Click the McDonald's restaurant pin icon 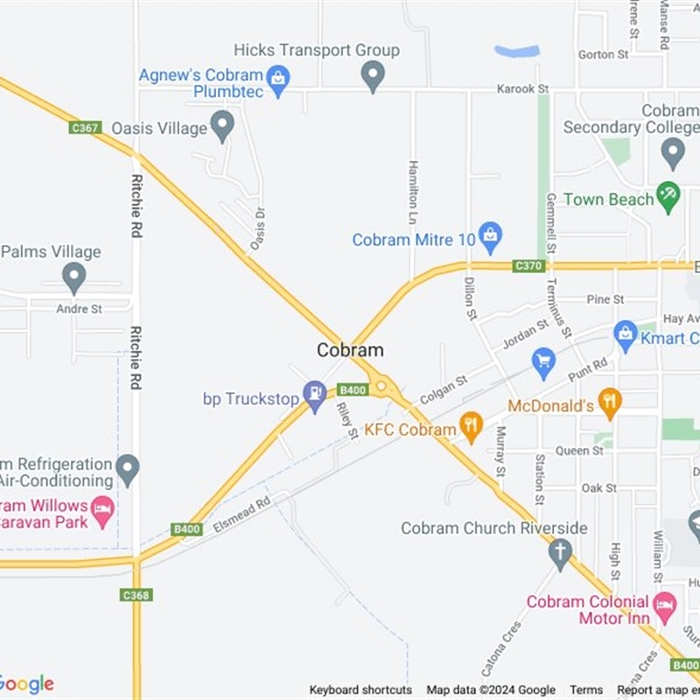[x=610, y=402]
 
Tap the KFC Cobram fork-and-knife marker [x=472, y=426]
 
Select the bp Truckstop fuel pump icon [x=314, y=395]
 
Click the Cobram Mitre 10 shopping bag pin [x=491, y=234]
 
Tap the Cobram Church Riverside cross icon [x=560, y=552]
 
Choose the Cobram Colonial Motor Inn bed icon [x=664, y=604]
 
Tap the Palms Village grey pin [x=74, y=276]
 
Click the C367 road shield [x=85, y=128]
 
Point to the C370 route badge [x=528, y=265]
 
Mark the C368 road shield [x=136, y=595]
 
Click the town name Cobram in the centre [x=350, y=350]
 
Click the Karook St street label [x=521, y=89]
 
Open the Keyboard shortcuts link [x=360, y=690]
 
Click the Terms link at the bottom [x=586, y=690]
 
